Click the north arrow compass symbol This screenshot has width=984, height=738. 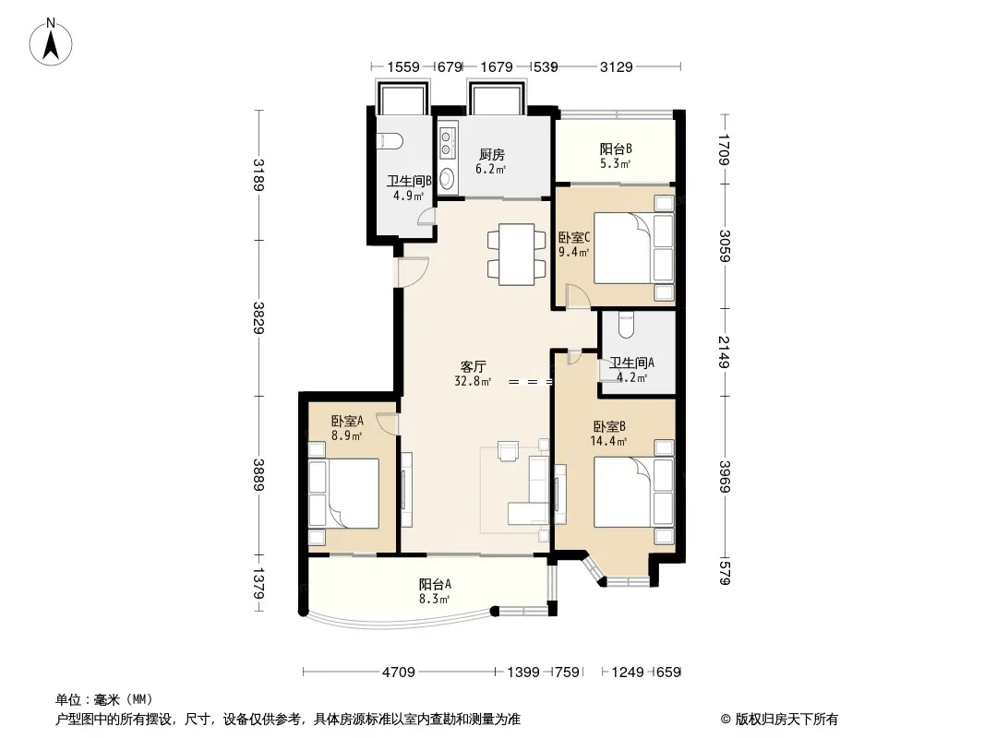(51, 42)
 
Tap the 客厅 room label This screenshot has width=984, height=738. (474, 367)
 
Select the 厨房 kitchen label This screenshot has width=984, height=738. (491, 154)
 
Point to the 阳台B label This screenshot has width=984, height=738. (616, 149)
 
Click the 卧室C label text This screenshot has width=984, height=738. (574, 238)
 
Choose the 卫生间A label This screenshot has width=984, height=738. (632, 363)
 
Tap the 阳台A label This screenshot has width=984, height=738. (435, 584)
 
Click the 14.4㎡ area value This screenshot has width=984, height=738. (608, 442)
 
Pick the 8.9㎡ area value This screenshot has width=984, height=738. (346, 435)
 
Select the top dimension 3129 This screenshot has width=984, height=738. (617, 66)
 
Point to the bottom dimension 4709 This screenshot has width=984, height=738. (399, 673)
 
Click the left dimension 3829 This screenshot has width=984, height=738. (258, 318)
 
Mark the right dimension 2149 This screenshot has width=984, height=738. (725, 352)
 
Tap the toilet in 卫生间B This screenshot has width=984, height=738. (390, 142)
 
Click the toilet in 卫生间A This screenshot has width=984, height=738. (627, 324)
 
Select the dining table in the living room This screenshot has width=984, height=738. (517, 255)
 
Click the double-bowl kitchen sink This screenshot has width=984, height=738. (448, 144)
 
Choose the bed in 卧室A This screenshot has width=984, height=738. (343, 493)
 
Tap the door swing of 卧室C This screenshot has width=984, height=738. (576, 296)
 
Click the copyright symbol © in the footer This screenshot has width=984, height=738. (726, 720)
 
